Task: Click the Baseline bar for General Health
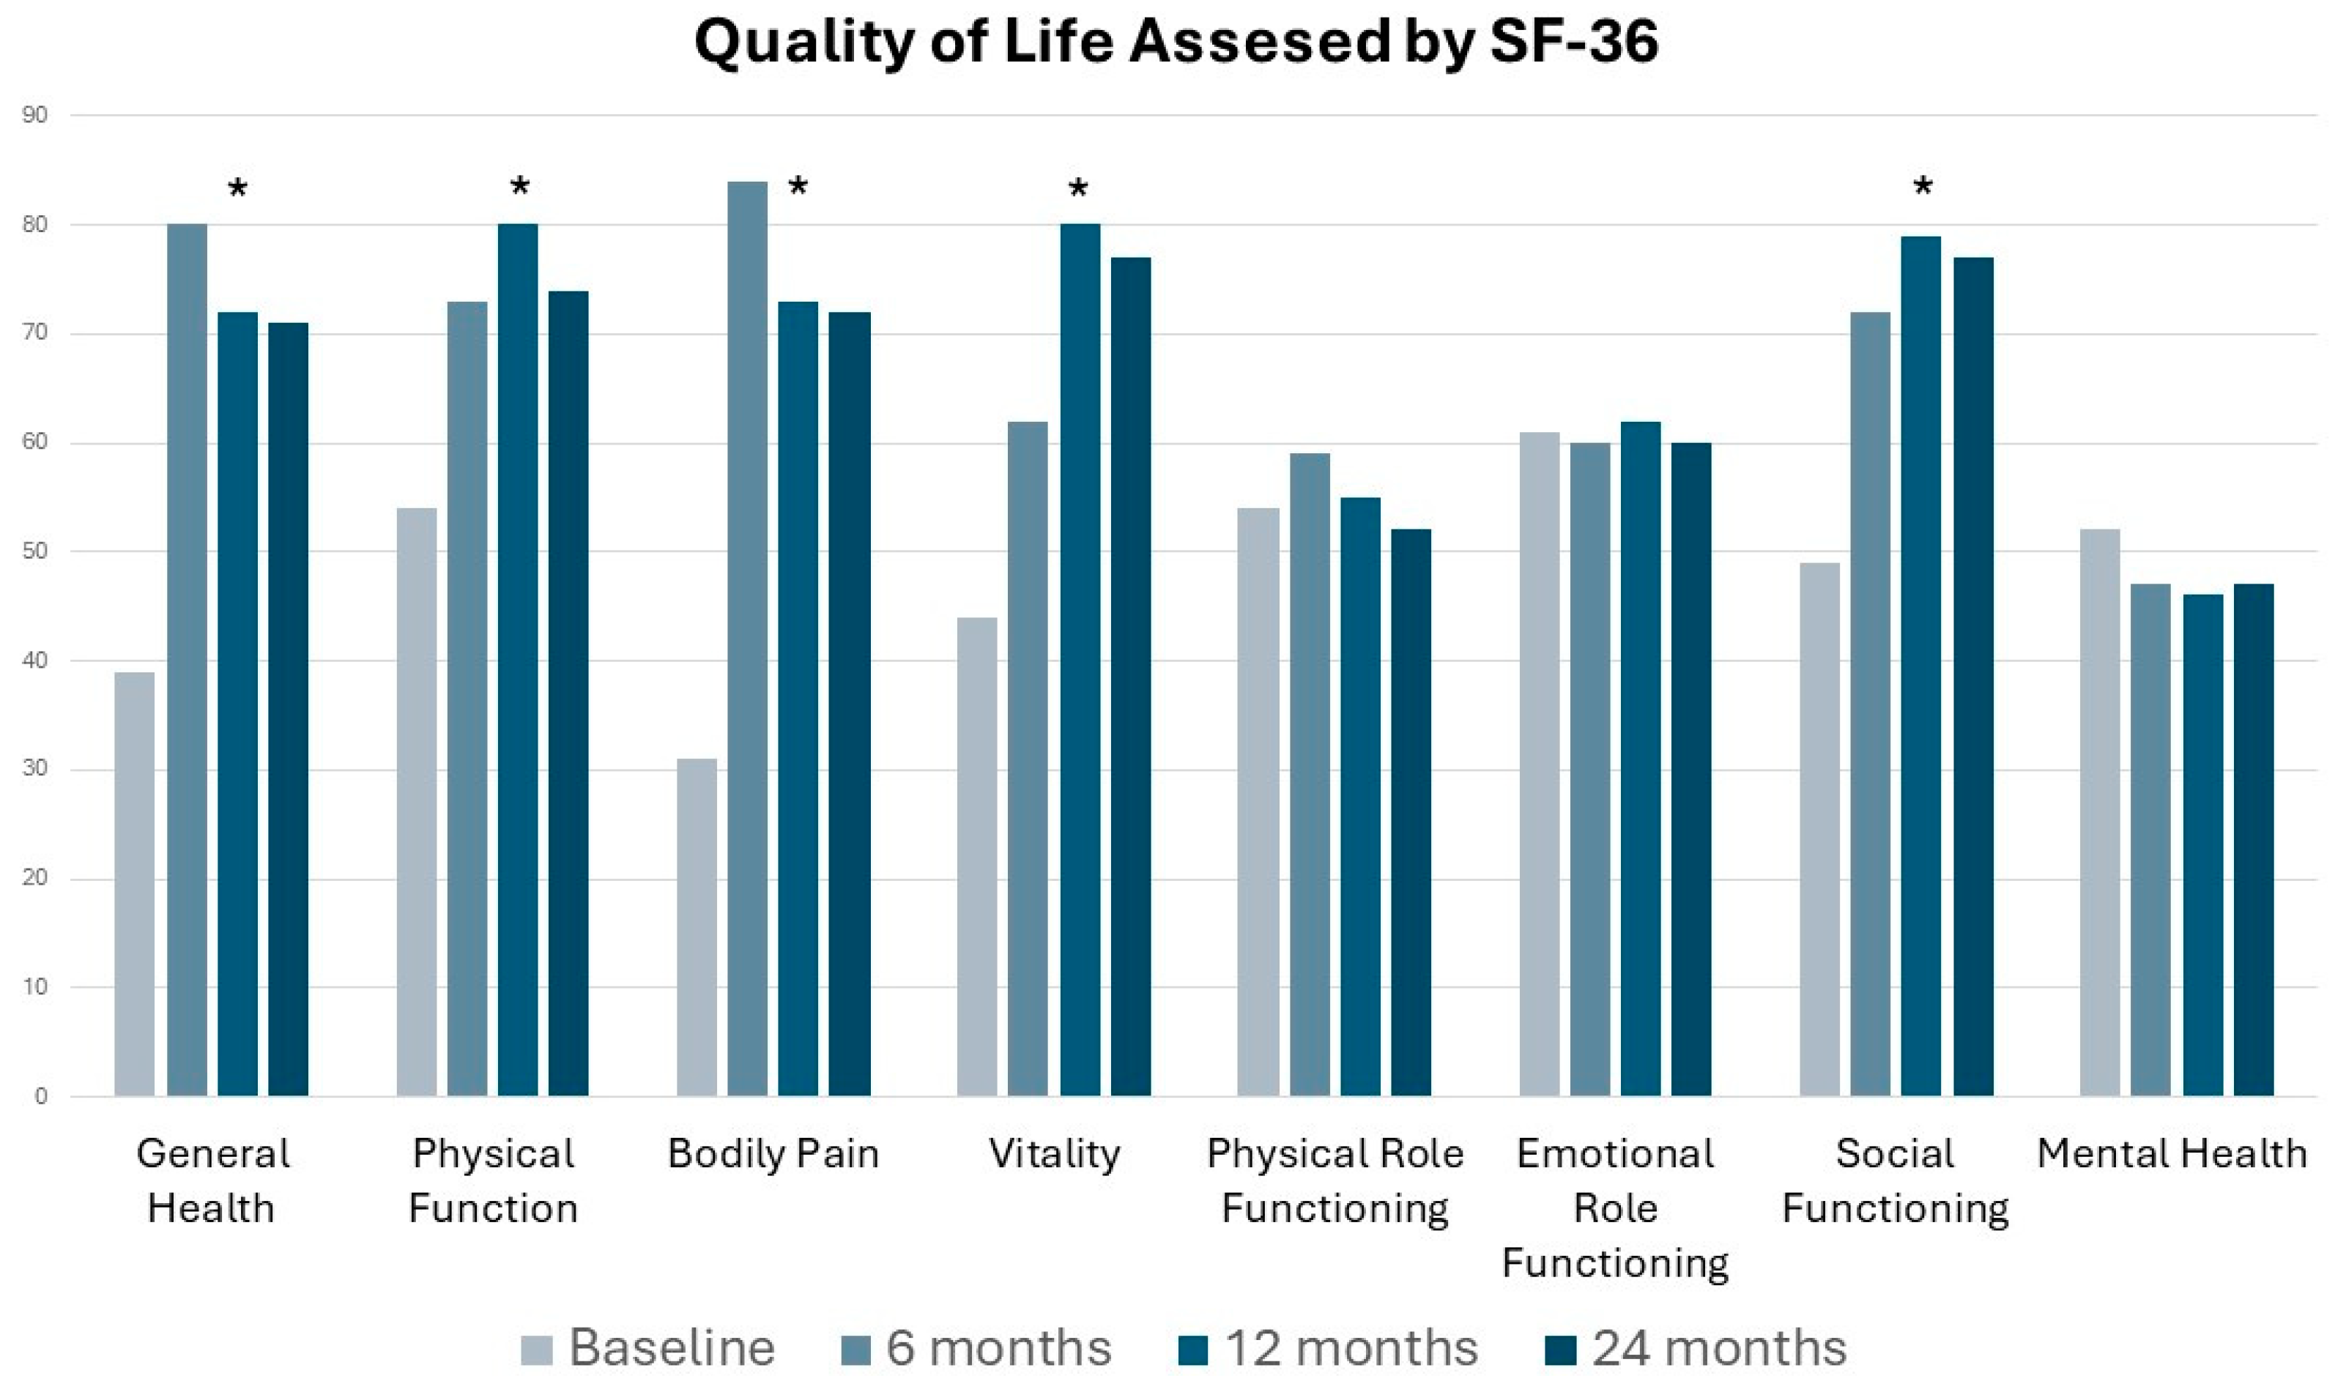coord(134,883)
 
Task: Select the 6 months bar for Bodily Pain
coord(747,639)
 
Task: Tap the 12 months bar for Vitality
coord(1079,661)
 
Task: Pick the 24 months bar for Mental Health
coord(2253,839)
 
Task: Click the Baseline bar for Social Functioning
coord(1819,829)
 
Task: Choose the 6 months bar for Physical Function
coord(467,699)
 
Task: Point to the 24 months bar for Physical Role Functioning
coord(1411,812)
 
